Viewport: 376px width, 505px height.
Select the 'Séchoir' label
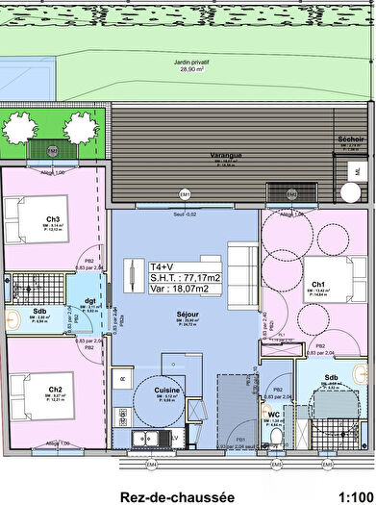pyautogui.click(x=351, y=139)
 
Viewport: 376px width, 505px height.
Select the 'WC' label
pyautogui.click(x=274, y=416)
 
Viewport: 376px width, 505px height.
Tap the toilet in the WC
pyautogui.click(x=276, y=437)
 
